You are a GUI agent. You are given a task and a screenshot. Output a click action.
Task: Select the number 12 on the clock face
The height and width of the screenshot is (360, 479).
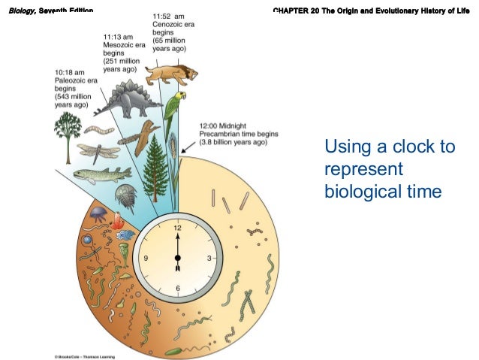[178, 226]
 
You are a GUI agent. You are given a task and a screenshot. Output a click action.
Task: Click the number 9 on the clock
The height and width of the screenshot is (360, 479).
[146, 258]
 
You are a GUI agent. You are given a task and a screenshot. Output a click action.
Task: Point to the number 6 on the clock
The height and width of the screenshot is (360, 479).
[177, 289]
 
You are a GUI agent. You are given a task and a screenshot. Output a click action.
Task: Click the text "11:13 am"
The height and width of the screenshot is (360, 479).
[119, 36]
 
